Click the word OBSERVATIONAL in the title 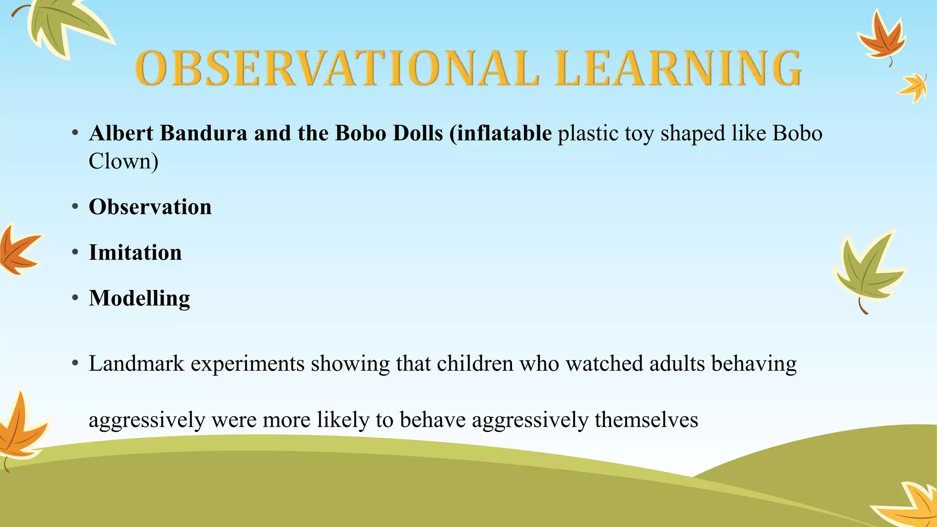click(337, 69)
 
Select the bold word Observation click(150, 207)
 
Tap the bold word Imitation click(135, 253)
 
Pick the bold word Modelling click(139, 298)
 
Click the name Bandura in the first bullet click(204, 134)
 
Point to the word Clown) click(124, 161)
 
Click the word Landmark click(136, 364)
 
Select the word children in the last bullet click(475, 364)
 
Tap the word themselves click(646, 419)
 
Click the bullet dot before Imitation click(75, 253)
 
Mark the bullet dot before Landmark click(75, 364)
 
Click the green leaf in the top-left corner click(64, 25)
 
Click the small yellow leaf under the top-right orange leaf click(913, 87)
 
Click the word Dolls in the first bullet click(418, 134)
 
